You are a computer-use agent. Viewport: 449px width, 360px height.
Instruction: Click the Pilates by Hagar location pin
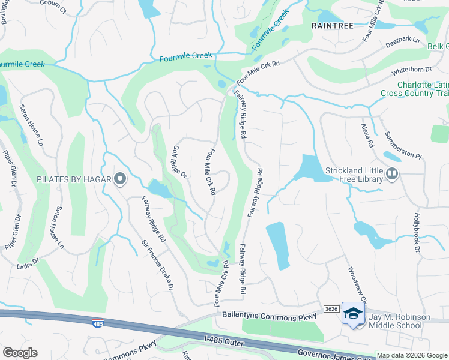click(x=120, y=179)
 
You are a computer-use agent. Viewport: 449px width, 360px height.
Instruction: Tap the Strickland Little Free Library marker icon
click(x=392, y=174)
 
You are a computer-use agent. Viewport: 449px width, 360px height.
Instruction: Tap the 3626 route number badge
click(x=331, y=309)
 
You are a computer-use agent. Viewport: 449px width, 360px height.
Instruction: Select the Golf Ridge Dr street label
click(x=179, y=162)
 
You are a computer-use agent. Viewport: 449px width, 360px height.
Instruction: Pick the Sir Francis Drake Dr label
click(x=157, y=266)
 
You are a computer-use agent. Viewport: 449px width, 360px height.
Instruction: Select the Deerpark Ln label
click(x=402, y=39)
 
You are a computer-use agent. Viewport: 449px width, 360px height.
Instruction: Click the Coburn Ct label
click(x=53, y=3)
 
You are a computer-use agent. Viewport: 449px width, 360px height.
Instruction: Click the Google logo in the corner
click(x=20, y=353)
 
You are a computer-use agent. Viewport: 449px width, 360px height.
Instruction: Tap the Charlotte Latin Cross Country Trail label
click(x=415, y=89)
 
